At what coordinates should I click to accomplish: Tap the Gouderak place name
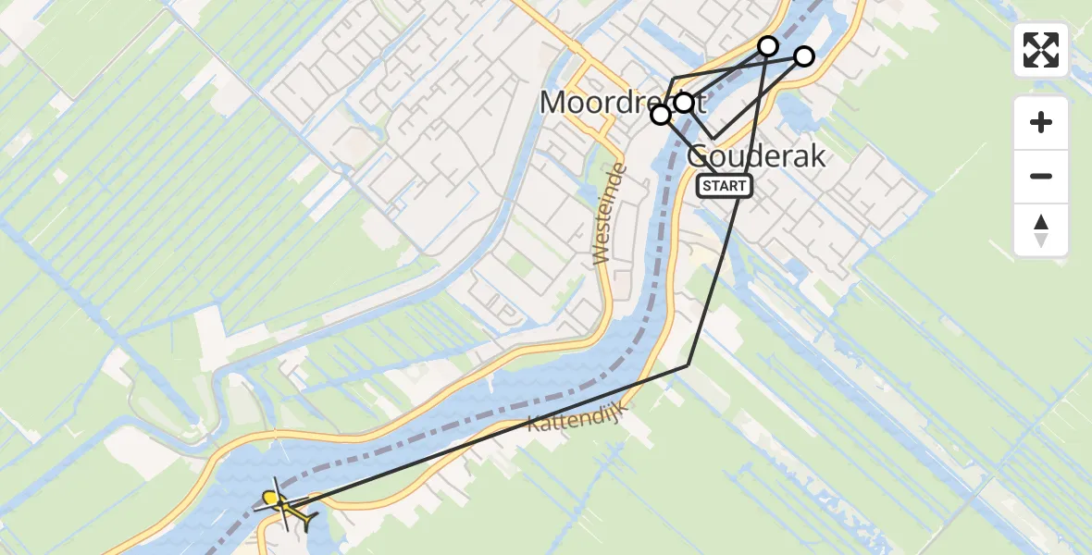pyautogui.click(x=756, y=156)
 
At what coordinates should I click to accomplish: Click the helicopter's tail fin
pyautogui.click(x=306, y=521)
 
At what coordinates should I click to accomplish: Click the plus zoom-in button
pyautogui.click(x=1041, y=122)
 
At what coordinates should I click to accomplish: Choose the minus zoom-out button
pyautogui.click(x=1041, y=176)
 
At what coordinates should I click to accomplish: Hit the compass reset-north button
pyautogui.click(x=1041, y=229)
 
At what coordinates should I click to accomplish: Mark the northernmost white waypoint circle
pyautogui.click(x=768, y=45)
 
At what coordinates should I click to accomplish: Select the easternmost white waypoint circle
pyautogui.click(x=804, y=56)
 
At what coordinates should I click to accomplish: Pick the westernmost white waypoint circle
pyautogui.click(x=661, y=115)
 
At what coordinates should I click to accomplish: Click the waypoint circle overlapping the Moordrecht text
pyautogui.click(x=684, y=103)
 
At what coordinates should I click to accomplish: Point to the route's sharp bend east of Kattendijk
pyautogui.click(x=688, y=365)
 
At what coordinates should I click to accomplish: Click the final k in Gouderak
pyautogui.click(x=816, y=156)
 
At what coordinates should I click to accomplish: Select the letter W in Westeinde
pyautogui.click(x=602, y=255)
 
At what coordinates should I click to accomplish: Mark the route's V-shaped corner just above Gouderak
pyautogui.click(x=714, y=139)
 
